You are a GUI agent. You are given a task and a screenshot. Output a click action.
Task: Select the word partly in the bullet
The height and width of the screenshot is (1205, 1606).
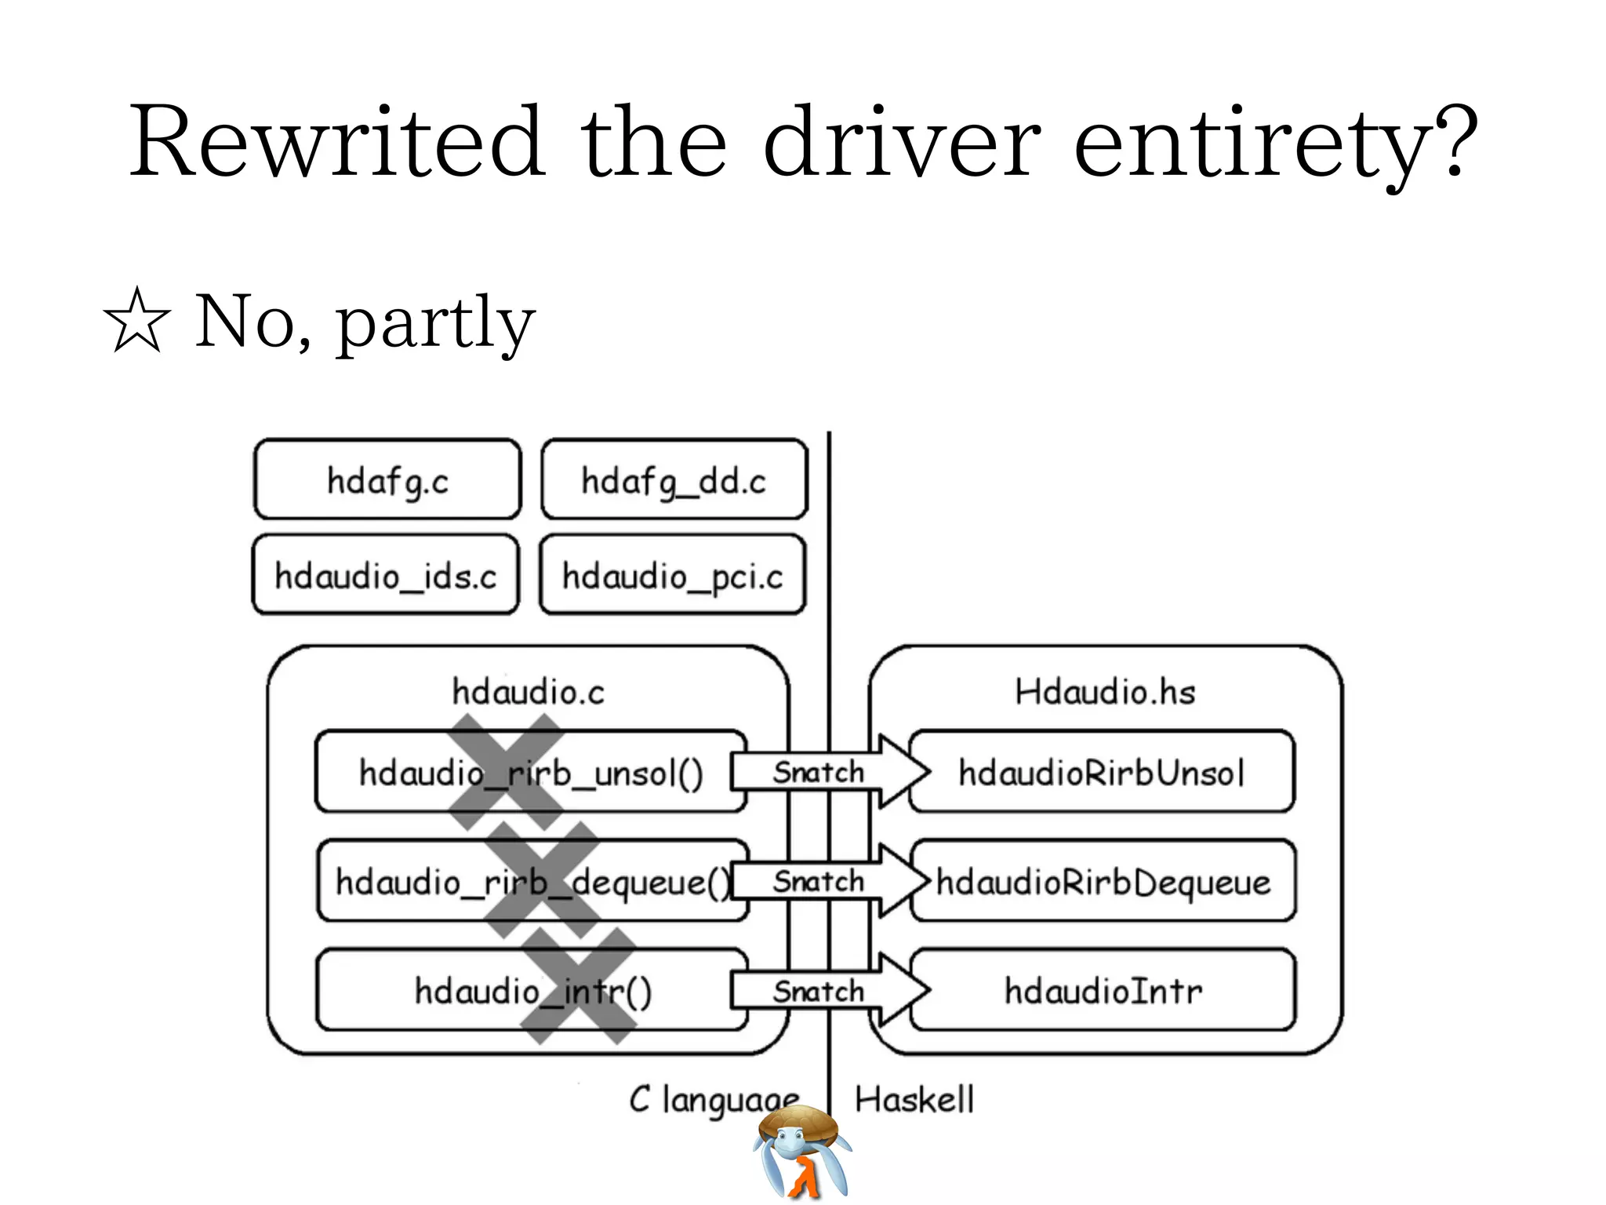coord(436,323)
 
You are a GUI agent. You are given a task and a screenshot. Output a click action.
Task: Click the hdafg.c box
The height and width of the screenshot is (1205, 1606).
coord(387,480)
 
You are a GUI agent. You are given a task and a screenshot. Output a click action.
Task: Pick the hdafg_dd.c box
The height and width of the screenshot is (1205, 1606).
coord(674,480)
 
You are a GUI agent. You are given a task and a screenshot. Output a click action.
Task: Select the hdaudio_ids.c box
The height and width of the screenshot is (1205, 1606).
coord(385,576)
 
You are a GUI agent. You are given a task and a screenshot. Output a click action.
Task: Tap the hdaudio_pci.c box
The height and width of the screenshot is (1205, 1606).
coord(672,576)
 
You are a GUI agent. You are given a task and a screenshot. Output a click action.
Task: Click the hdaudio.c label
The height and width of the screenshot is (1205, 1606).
coord(528,692)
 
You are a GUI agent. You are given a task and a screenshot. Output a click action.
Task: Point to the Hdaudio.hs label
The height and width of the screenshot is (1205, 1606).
coord(1104,692)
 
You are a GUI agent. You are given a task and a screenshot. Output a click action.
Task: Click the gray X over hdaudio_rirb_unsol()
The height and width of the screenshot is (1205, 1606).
coord(507,772)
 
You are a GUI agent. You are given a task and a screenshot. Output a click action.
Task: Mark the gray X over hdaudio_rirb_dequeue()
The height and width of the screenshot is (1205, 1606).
coord(542,880)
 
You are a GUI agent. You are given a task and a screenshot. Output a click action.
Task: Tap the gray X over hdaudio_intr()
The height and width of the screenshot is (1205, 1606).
coord(578,987)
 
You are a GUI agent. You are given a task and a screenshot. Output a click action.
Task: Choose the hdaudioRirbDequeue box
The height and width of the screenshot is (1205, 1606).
coord(1103,882)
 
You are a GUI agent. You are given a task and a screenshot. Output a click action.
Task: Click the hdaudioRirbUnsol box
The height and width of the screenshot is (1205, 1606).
coord(1101,773)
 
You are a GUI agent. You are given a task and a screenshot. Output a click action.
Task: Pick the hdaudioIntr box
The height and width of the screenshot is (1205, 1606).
coord(1103,991)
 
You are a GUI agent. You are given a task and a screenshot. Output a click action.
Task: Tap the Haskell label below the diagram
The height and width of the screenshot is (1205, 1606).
coord(914,1099)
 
